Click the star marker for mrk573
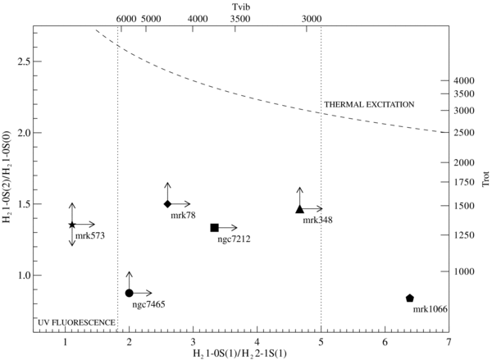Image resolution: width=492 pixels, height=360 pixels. click(72, 224)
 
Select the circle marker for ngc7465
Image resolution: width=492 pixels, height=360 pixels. click(129, 293)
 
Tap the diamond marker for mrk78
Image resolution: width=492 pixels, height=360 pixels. click(167, 203)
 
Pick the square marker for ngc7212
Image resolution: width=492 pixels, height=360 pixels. click(214, 227)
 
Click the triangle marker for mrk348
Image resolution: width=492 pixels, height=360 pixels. click(300, 209)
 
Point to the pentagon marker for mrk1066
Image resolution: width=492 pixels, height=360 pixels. click(409, 298)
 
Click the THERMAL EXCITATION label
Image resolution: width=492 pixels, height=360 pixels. click(369, 104)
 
